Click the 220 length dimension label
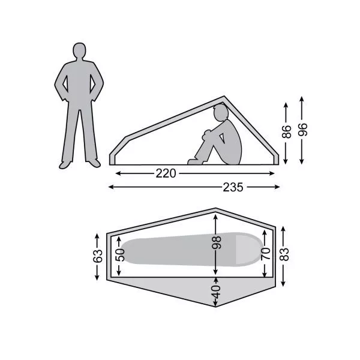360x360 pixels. click(166, 173)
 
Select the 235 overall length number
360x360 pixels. click(233, 187)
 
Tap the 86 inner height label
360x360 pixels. click(286, 132)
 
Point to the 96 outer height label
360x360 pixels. click(302, 130)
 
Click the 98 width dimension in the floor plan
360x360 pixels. click(216, 242)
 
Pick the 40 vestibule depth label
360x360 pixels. click(216, 292)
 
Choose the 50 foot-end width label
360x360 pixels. click(120, 255)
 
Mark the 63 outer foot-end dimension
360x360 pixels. click(97, 256)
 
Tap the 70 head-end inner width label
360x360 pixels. click(265, 253)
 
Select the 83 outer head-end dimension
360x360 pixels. click(284, 254)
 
